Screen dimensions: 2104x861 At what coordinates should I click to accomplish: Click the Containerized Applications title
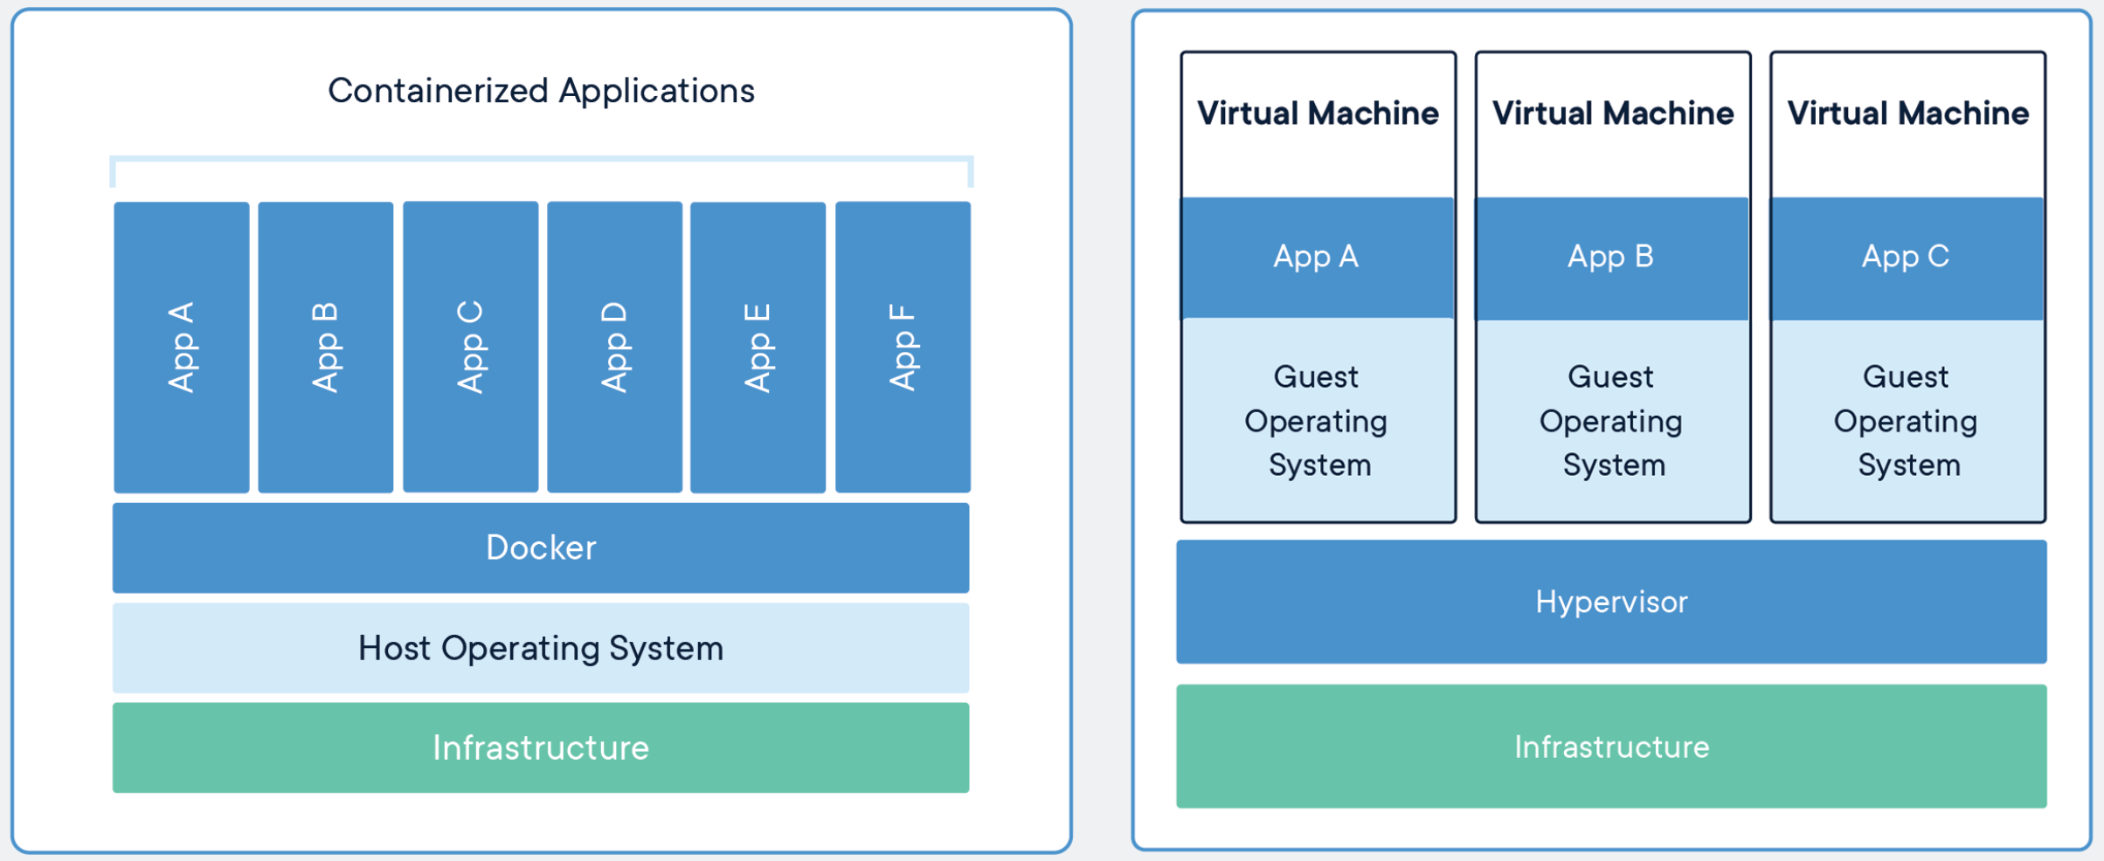click(541, 91)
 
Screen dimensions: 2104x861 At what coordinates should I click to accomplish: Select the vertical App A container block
click(182, 348)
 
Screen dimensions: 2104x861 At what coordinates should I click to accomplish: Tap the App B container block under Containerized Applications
click(326, 348)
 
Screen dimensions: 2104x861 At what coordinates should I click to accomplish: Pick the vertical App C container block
click(471, 347)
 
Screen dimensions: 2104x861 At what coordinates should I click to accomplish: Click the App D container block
click(615, 347)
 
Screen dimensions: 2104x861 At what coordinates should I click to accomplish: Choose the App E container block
click(758, 348)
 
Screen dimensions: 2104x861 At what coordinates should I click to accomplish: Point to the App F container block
click(903, 347)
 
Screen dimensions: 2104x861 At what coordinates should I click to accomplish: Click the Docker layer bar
click(541, 548)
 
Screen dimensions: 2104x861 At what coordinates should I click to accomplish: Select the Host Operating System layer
click(541, 648)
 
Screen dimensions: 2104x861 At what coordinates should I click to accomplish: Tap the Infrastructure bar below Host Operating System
click(541, 747)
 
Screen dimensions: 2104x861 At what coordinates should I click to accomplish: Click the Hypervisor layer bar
click(1611, 602)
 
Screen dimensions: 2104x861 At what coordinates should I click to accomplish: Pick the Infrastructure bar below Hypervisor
click(1611, 747)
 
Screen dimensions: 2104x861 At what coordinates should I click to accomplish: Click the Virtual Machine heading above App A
click(1318, 114)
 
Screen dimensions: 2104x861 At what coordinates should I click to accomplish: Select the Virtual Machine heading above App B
click(1613, 114)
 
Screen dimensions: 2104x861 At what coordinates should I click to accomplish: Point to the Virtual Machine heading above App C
click(1908, 114)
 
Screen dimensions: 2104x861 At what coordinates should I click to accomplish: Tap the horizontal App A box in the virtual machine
click(1318, 258)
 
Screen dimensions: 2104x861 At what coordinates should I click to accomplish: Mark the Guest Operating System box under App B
click(1613, 420)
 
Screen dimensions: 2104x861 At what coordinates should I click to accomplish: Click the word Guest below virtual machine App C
click(1906, 377)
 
